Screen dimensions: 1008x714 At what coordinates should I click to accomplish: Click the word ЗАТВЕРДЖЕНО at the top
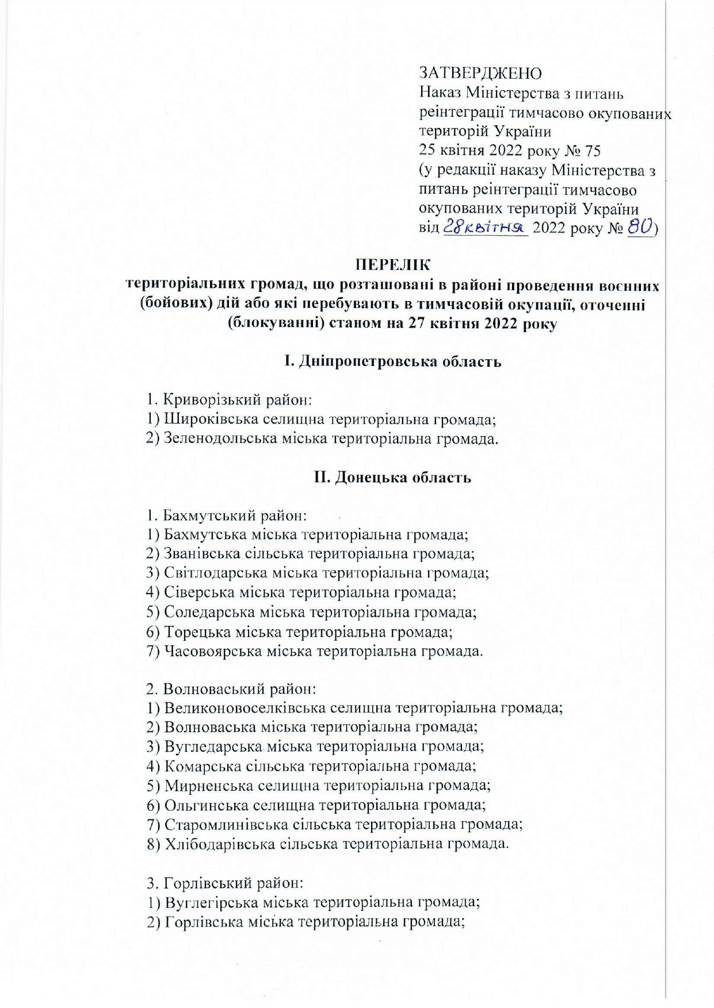[x=480, y=73]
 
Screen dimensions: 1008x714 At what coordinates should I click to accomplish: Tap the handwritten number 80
[x=639, y=228]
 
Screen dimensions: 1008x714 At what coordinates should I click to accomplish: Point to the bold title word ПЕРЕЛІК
[x=392, y=266]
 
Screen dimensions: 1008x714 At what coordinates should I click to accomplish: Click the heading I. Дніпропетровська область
[x=392, y=361]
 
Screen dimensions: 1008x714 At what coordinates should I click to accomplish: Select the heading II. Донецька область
[x=392, y=477]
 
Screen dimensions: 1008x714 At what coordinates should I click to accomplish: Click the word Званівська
[x=197, y=553]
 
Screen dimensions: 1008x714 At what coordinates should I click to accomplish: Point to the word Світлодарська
[x=216, y=573]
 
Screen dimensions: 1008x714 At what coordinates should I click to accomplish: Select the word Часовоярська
[x=213, y=651]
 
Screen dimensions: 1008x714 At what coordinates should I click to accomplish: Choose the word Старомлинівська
[x=226, y=824]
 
